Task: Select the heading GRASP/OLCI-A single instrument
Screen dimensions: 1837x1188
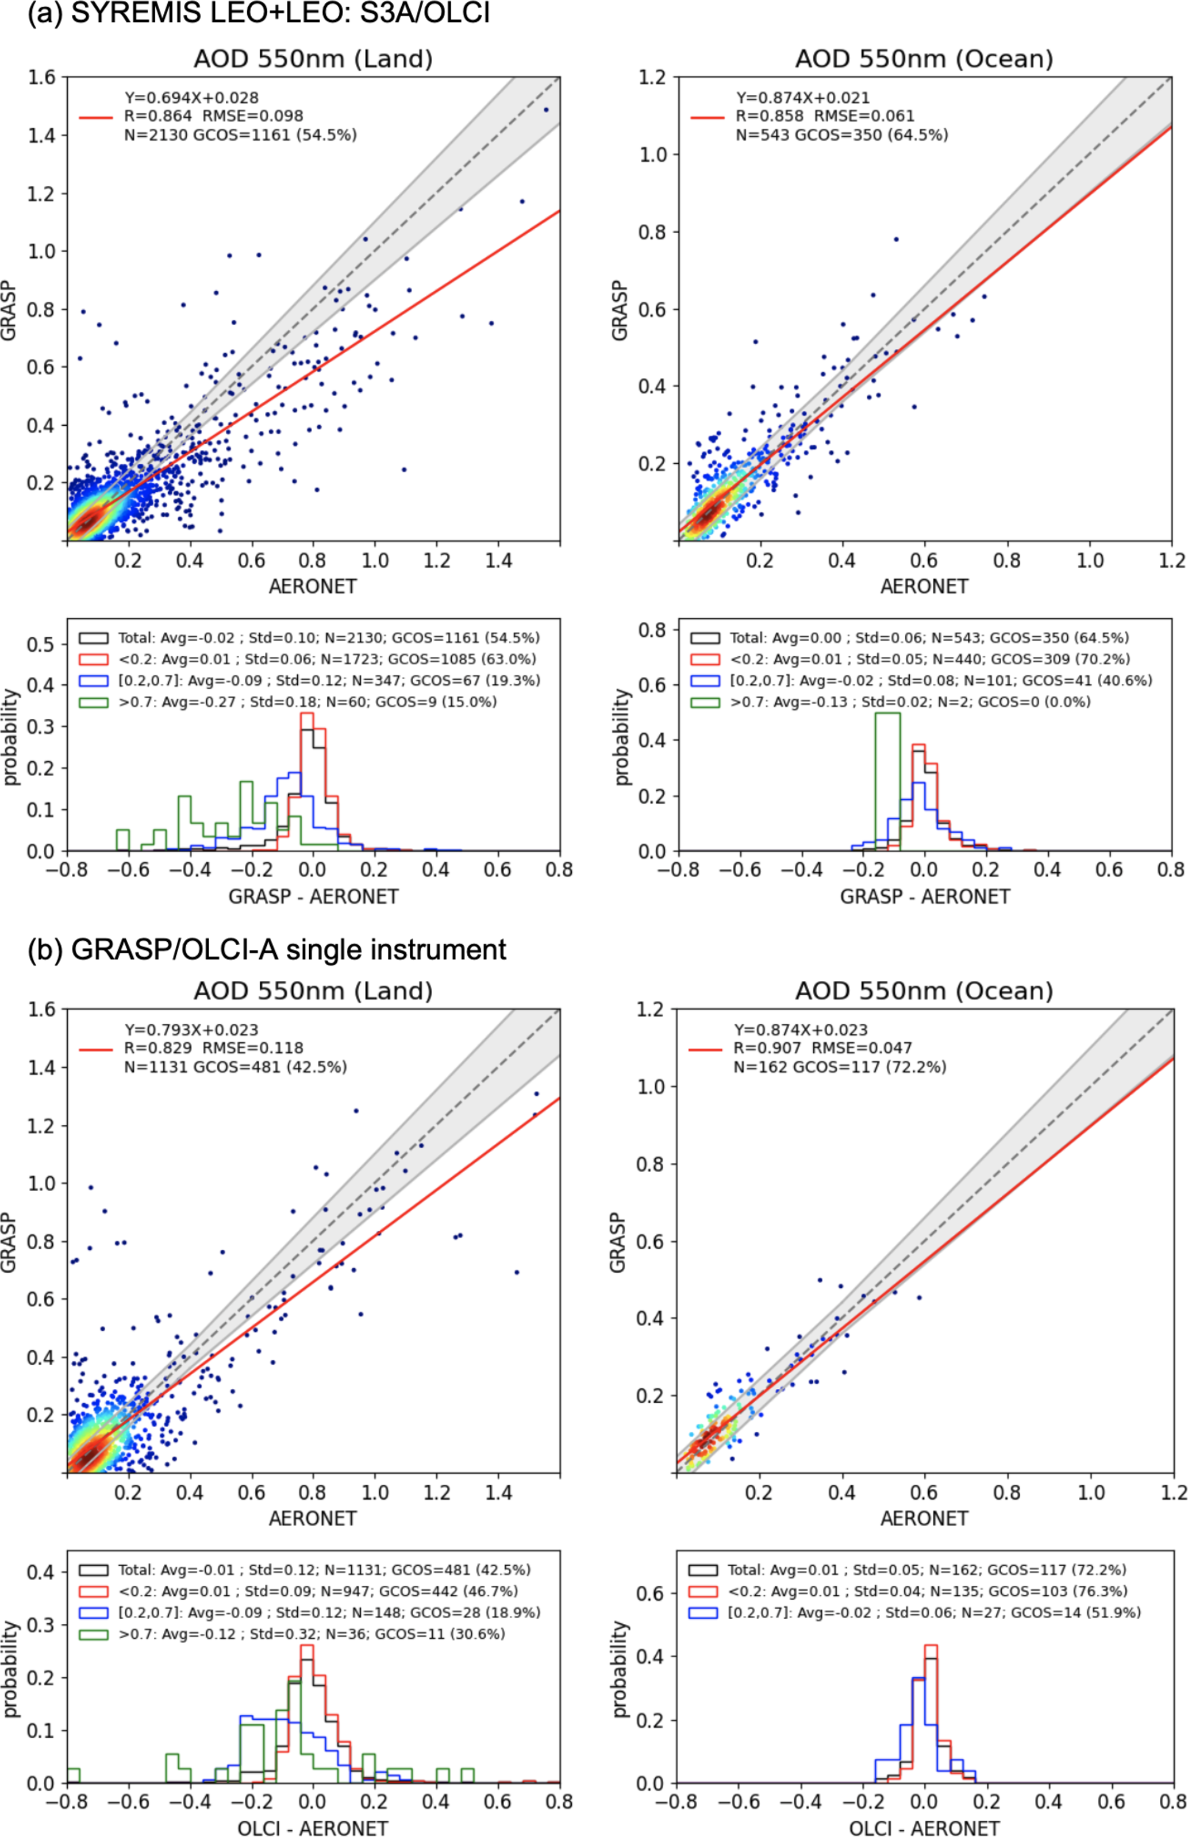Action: tap(289, 949)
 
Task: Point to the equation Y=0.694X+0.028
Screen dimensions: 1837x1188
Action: tap(192, 98)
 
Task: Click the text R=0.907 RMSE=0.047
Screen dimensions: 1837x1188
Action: tap(822, 1048)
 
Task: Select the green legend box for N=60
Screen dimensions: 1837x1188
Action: tap(93, 703)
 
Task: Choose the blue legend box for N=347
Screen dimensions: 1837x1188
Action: tap(93, 681)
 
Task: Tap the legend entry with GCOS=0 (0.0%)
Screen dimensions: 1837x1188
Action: tap(910, 702)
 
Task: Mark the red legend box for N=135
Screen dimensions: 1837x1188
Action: tap(703, 1591)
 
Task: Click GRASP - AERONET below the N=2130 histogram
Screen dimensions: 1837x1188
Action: tap(313, 896)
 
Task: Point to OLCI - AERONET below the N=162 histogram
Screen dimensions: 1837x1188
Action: tap(924, 1828)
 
